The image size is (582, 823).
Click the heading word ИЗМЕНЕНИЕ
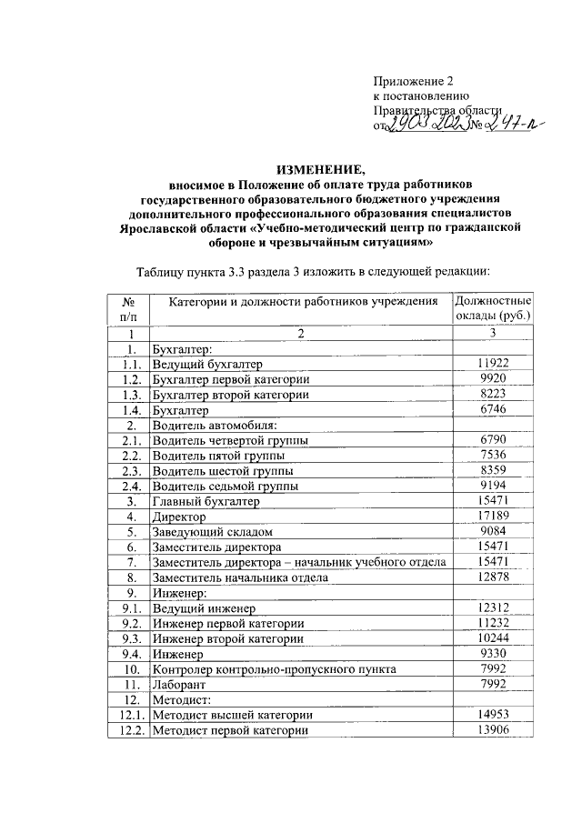pyautogui.click(x=318, y=169)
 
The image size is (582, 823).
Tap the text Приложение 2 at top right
pyautogui.click(x=413, y=81)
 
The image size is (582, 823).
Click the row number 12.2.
pyautogui.click(x=128, y=731)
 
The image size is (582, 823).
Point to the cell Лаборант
pyautogui.click(x=181, y=685)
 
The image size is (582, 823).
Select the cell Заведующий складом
pyautogui.click(x=213, y=532)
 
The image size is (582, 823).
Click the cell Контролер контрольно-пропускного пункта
pyautogui.click(x=275, y=669)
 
